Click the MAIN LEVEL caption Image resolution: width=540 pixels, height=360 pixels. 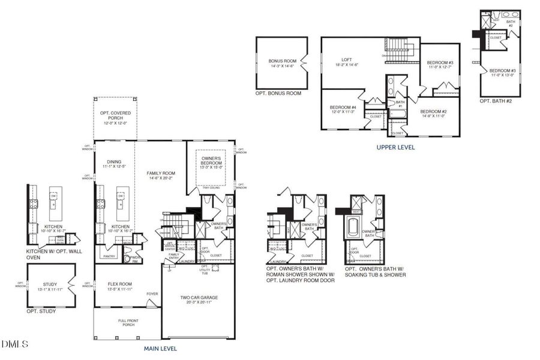(160, 348)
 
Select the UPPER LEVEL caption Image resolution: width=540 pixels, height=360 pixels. (395, 147)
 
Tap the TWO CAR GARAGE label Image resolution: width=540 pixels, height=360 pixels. (199, 298)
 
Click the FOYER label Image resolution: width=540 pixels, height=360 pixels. (152, 294)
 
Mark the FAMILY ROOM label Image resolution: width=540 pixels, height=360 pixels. (160, 173)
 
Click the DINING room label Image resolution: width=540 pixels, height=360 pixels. (114, 161)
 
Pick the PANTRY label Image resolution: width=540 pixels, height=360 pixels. (109, 256)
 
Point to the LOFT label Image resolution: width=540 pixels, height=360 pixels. (347, 59)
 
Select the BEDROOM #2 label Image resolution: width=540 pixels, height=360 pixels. (433, 112)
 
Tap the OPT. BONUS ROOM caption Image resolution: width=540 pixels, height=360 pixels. (278, 93)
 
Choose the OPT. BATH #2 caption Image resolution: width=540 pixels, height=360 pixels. (496, 101)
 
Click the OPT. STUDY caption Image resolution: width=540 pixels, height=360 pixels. (41, 311)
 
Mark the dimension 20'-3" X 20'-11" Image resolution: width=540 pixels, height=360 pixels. (199, 302)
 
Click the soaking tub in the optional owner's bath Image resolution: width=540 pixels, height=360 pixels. (353, 231)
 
